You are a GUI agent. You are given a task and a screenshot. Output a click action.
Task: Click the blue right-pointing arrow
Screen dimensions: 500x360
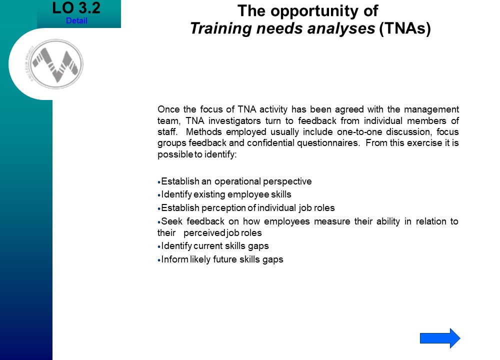coord(440,338)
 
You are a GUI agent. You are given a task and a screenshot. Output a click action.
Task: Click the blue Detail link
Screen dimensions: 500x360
coord(76,20)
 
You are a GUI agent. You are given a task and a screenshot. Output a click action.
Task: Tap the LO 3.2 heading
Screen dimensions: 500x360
coord(76,8)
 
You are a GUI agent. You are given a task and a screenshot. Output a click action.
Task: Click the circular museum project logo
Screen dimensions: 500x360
coord(56,64)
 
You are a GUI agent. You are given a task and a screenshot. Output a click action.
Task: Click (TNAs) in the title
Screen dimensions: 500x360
coord(405,28)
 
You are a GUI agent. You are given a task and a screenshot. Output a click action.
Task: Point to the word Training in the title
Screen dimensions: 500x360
coord(221,28)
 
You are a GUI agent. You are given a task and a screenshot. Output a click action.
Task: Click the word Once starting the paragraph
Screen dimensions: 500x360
coord(168,109)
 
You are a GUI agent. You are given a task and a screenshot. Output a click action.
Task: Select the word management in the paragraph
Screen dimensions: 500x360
coord(431,109)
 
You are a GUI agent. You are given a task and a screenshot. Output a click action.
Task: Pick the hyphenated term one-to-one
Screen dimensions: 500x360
coord(359,132)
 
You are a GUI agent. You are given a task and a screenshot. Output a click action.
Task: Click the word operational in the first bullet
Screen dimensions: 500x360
coord(237,181)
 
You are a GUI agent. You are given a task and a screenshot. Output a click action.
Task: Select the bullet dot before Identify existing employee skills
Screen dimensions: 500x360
coord(159,195)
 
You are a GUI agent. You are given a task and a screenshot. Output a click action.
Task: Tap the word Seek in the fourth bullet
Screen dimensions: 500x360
coord(171,221)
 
